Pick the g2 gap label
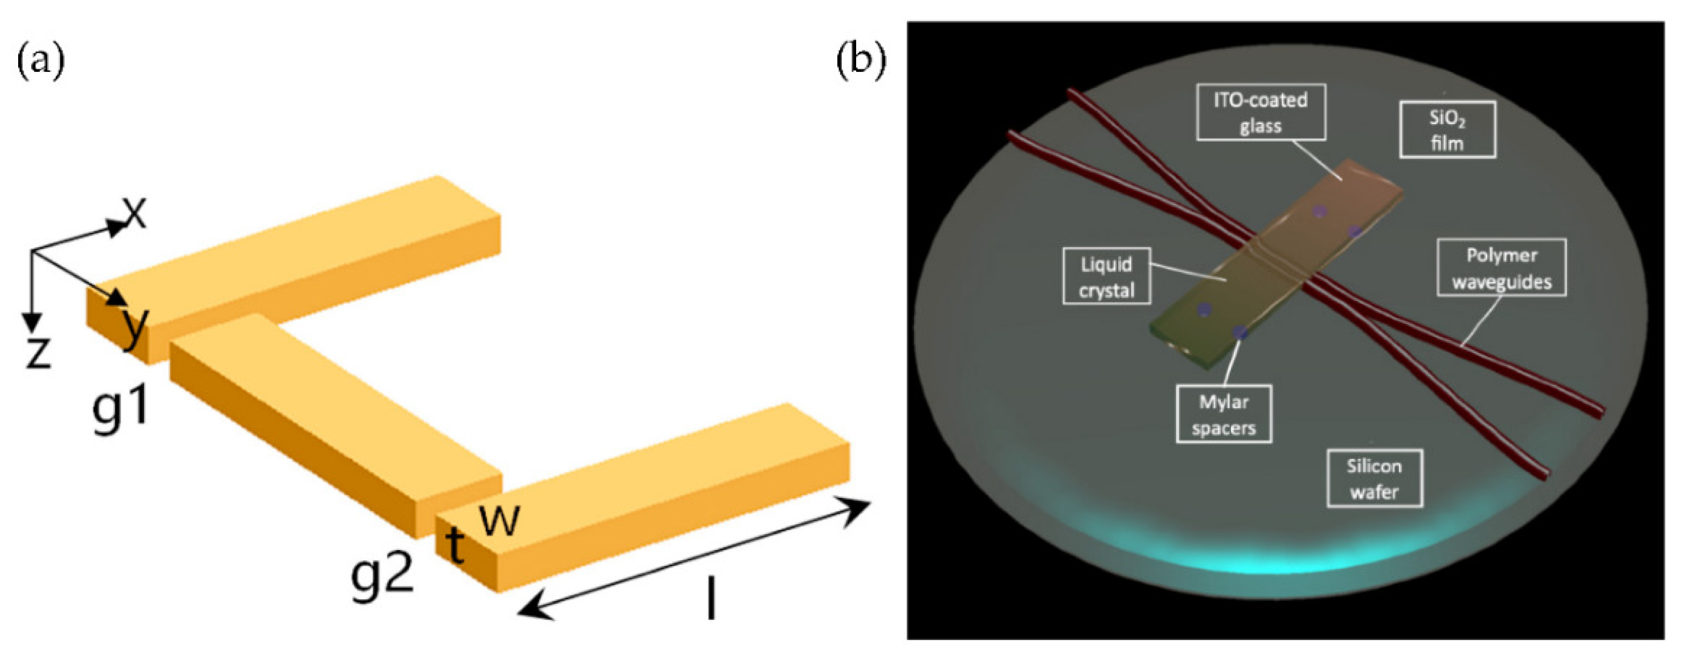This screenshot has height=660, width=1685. click(382, 573)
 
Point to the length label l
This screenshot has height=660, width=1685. click(711, 598)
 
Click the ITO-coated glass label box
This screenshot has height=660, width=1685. click(1261, 112)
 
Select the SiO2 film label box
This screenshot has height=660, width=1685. click(1447, 129)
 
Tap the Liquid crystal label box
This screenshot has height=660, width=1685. click(1106, 276)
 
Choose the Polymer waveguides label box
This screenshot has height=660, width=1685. click(1501, 268)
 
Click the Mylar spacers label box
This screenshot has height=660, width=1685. click(1223, 414)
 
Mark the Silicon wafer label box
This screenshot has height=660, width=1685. click(1374, 478)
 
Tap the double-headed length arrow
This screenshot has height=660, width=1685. click(693, 559)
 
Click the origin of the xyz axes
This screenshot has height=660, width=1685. click(32, 251)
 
